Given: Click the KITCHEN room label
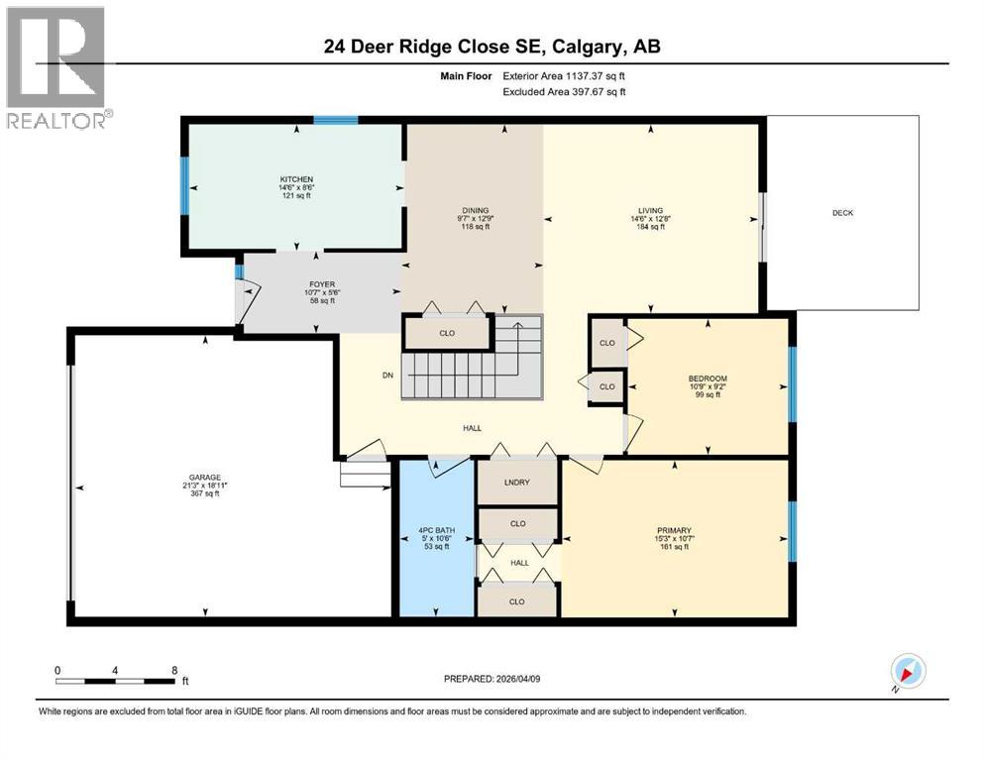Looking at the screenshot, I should (295, 179).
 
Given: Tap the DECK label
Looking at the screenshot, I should (842, 213).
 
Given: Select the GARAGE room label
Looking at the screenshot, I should (206, 476).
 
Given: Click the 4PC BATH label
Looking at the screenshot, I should (436, 531).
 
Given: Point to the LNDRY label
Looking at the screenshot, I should (517, 483).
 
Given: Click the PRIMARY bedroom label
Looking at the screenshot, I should (674, 530).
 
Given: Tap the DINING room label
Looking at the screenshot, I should (475, 209).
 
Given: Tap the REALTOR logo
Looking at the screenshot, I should (55, 67).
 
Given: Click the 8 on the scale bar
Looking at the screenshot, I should (175, 671).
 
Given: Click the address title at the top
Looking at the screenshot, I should (492, 47).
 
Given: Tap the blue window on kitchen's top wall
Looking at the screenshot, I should (335, 121).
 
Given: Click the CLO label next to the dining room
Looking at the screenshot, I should (447, 333).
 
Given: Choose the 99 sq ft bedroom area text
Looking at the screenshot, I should (708, 395).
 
